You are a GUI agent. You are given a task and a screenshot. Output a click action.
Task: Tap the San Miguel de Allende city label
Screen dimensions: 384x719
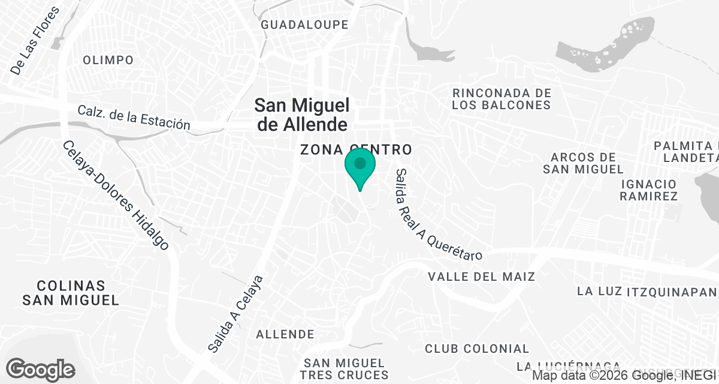[301, 115]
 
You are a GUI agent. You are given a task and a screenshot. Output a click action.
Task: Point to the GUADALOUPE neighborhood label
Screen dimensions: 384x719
[304, 25]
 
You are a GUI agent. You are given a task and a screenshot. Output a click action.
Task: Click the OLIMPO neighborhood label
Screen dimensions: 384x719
[108, 60]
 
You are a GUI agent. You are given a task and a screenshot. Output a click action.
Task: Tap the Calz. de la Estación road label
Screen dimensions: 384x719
[134, 117]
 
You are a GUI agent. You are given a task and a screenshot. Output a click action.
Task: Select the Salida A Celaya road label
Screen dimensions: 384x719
[235, 313]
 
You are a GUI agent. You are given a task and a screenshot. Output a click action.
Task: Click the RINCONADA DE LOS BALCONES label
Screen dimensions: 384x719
[502, 99]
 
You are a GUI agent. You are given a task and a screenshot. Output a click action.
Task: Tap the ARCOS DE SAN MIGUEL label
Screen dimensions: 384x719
[583, 163]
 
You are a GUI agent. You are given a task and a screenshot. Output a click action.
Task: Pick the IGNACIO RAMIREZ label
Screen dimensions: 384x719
[649, 190]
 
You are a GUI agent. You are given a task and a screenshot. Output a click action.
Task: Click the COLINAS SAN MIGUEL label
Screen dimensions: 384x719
[71, 293]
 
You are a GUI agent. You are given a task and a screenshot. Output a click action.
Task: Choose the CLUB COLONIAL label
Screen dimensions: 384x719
[477, 349]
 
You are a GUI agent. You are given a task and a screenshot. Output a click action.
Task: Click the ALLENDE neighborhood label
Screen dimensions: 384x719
[285, 334]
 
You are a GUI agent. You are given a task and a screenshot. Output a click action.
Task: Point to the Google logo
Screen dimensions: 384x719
[40, 369]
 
